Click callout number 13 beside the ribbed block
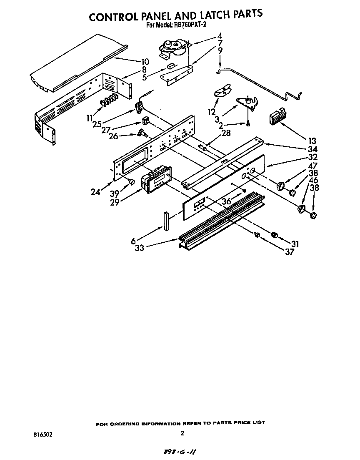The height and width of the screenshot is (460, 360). (x=312, y=141)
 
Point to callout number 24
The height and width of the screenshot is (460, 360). (x=96, y=192)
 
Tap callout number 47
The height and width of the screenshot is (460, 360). (x=312, y=166)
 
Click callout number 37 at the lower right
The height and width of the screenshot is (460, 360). (x=290, y=252)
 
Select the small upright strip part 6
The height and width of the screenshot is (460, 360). (x=167, y=221)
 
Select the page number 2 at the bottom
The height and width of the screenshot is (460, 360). (x=182, y=433)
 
